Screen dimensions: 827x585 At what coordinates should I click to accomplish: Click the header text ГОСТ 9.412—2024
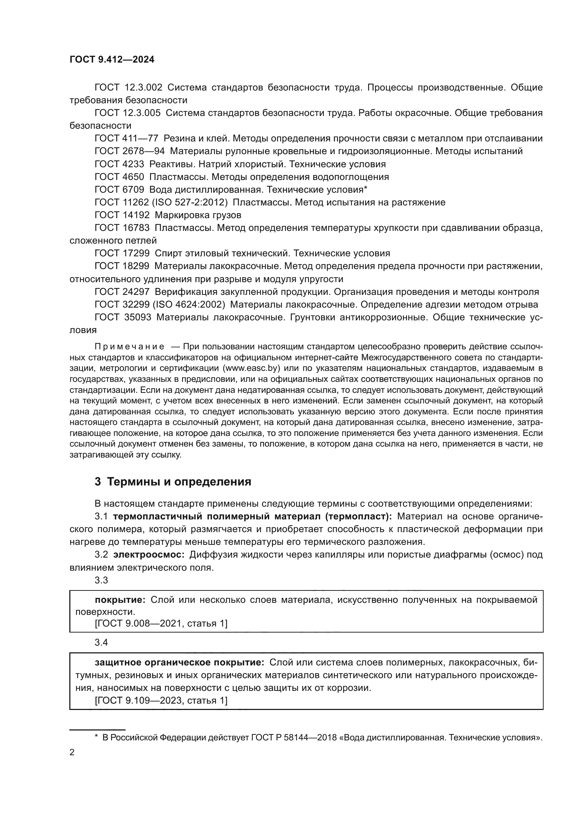click(112, 60)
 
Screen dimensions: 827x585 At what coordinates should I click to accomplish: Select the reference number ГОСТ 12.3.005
click(128, 113)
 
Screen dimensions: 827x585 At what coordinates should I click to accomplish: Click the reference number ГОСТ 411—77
click(126, 139)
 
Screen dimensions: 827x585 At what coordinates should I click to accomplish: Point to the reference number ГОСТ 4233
click(119, 164)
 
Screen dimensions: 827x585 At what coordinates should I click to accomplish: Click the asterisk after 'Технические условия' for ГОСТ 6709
click(365, 189)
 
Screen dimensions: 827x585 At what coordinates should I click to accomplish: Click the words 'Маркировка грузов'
click(198, 215)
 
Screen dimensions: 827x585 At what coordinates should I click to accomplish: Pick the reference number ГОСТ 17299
click(122, 254)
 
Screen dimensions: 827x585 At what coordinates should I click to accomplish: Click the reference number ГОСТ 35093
click(122, 317)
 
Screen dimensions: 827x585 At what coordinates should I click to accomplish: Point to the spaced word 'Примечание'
click(129, 347)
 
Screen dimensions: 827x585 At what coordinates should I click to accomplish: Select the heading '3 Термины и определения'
click(173, 482)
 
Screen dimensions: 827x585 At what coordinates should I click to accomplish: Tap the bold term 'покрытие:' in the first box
click(120, 600)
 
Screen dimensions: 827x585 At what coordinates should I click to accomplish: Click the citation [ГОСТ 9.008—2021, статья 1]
click(161, 623)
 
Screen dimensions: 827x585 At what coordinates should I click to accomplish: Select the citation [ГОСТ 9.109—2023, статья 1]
click(161, 700)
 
